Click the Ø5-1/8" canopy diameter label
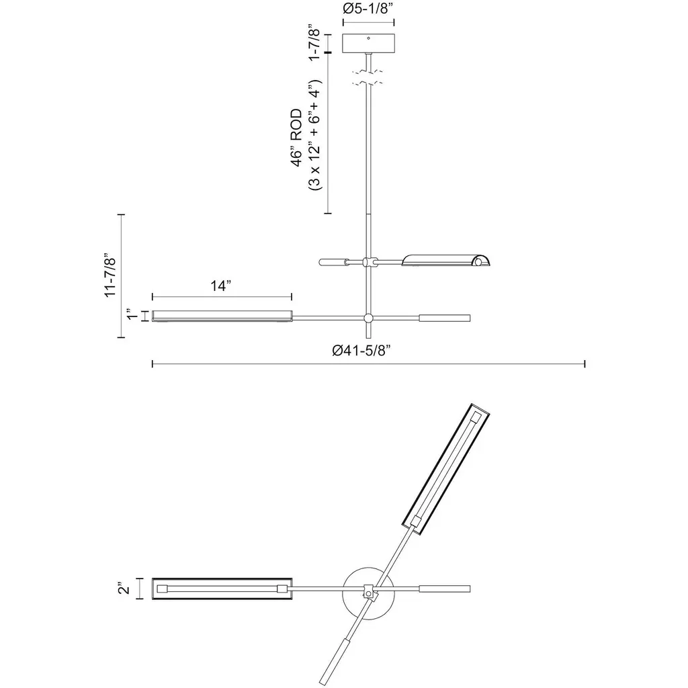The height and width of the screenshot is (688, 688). coord(368,9)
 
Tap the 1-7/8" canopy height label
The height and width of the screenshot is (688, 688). coord(314,42)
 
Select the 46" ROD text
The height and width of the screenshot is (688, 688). coord(296,138)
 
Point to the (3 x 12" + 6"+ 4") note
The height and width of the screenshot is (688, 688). coord(315,134)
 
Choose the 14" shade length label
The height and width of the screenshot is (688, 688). coord(220,286)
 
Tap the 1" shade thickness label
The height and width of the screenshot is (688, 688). coord(132,316)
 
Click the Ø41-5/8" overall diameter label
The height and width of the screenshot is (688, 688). coord(361,351)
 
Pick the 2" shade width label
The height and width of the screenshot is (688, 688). coord(124,589)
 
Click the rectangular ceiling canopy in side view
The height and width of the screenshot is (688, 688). coord(368,43)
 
